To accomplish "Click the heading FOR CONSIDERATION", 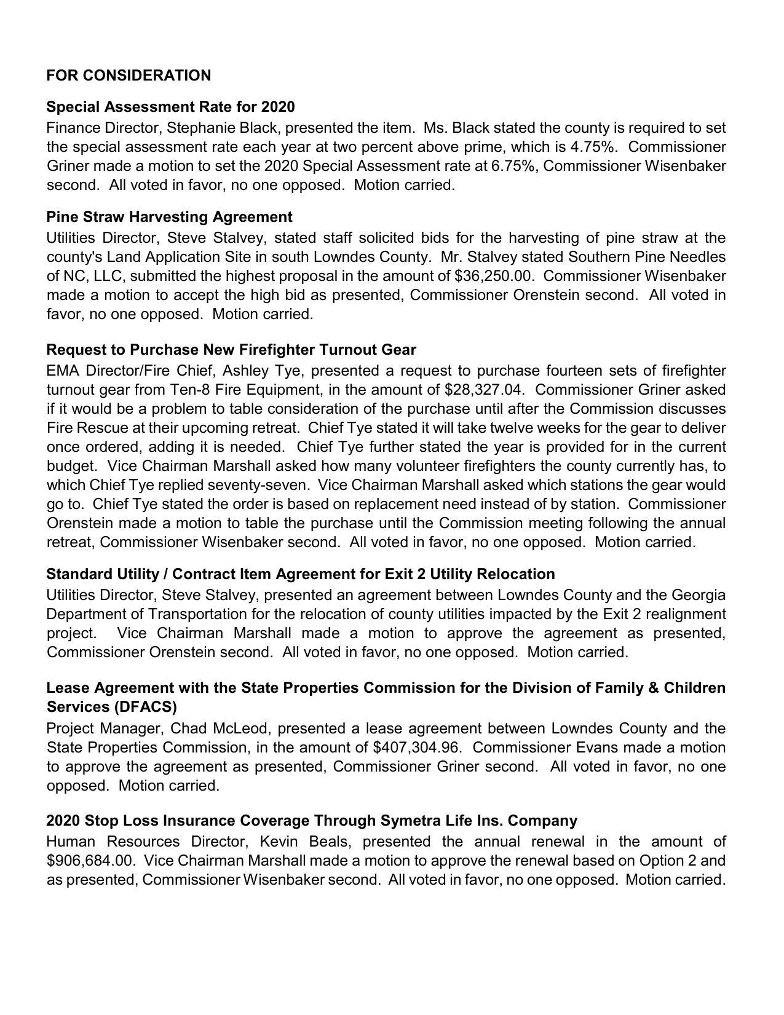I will (129, 76).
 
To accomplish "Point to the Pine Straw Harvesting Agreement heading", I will (169, 217).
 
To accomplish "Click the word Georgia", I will (698, 595).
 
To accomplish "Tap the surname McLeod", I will (240, 729).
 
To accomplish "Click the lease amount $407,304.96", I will (418, 748).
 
